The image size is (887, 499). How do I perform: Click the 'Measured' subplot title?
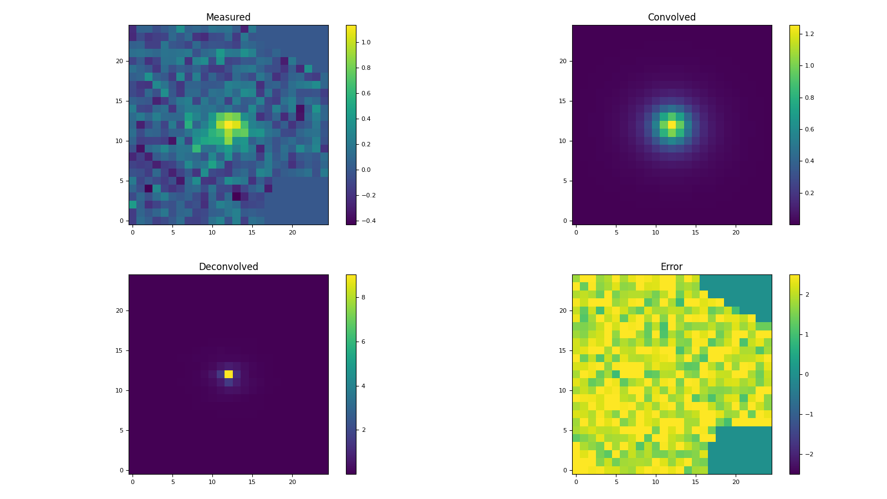(x=228, y=18)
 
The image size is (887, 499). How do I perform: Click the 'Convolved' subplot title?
(x=671, y=18)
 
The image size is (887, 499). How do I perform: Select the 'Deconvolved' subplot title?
(x=228, y=267)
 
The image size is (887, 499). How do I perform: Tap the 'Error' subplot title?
(x=671, y=267)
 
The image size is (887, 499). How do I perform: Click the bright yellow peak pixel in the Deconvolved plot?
(x=228, y=374)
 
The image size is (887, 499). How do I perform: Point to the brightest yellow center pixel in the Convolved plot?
(x=672, y=125)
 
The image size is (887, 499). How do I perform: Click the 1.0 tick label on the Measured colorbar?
(x=366, y=42)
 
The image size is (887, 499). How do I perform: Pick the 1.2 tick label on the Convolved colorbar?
(x=809, y=34)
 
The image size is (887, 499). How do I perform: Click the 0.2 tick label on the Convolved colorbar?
(x=809, y=193)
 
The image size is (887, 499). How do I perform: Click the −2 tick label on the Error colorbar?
(x=807, y=454)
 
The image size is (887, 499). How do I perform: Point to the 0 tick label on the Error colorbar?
(x=807, y=374)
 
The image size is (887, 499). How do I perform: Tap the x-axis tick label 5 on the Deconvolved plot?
(x=172, y=482)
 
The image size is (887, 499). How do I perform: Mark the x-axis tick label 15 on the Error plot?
(x=696, y=482)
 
